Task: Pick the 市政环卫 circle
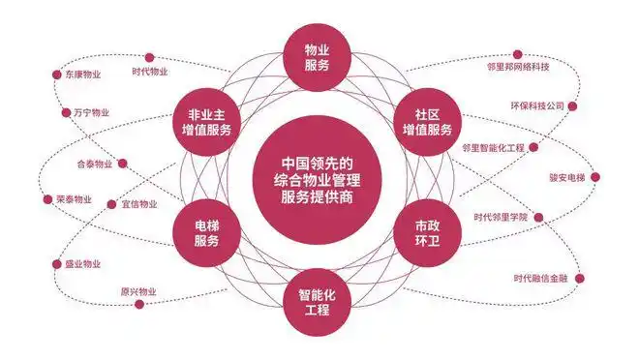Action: click(x=422, y=232)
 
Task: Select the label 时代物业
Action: click(x=150, y=72)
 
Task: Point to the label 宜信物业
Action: click(x=138, y=204)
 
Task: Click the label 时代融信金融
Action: click(x=548, y=279)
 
